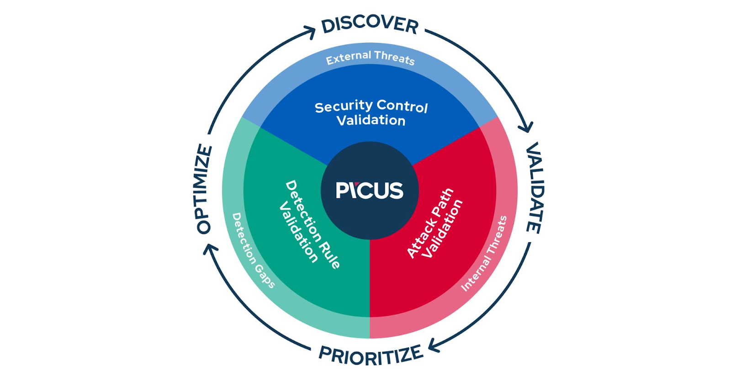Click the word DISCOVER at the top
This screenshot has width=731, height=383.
point(370,26)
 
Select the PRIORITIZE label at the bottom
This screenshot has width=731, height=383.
point(371,355)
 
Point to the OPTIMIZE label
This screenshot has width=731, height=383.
point(204,189)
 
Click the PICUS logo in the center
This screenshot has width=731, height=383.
point(370,190)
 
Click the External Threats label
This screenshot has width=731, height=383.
point(371,58)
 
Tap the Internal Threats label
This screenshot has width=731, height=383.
point(484,253)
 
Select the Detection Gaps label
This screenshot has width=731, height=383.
point(253,250)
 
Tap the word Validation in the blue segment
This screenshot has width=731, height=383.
point(371,121)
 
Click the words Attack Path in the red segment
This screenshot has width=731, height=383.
point(430,223)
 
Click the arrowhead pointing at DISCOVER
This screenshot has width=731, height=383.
point(310,32)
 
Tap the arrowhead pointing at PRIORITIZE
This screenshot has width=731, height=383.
point(434,346)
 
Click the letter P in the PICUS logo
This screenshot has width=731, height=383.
point(342,190)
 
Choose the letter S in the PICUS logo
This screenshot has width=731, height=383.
point(397,190)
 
